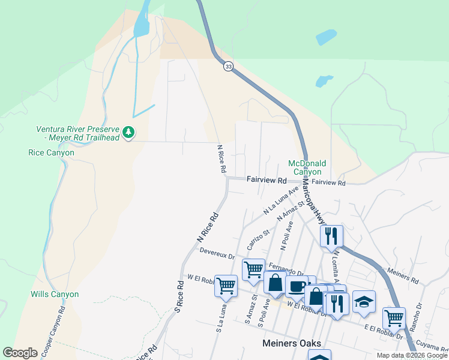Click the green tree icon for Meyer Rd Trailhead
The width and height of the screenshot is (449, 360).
(x=128, y=132)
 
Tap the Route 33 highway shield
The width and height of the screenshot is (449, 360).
(x=228, y=67)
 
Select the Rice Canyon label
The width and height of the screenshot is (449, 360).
(x=51, y=153)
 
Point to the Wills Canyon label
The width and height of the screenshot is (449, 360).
(x=55, y=294)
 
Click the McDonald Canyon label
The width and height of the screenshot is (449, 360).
(x=307, y=167)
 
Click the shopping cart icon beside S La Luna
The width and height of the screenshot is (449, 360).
(x=226, y=285)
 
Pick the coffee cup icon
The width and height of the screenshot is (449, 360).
(x=295, y=286)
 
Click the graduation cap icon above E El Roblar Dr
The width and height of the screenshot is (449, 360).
(x=364, y=301)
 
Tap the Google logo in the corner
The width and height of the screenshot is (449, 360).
(x=20, y=353)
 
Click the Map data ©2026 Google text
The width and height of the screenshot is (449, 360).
(x=412, y=355)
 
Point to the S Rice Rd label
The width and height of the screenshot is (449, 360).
(x=178, y=296)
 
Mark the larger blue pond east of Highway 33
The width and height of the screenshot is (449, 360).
(x=326, y=37)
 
